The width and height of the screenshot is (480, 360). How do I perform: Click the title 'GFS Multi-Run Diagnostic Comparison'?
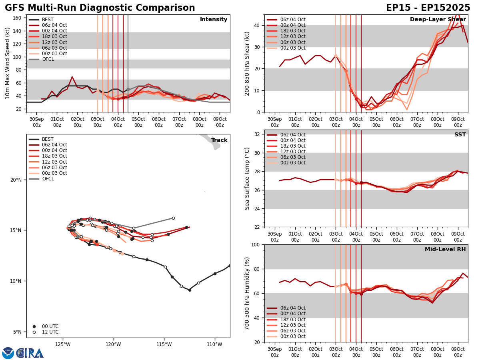click(x=100, y=8)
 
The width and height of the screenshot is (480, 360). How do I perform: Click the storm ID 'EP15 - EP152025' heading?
click(x=428, y=8)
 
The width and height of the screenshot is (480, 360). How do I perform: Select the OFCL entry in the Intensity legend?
click(x=48, y=59)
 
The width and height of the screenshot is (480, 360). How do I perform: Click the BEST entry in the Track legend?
click(x=47, y=139)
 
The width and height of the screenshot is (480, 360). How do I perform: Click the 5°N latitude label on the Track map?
click(x=17, y=332)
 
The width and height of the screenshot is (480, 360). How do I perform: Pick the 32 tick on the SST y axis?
click(x=257, y=134)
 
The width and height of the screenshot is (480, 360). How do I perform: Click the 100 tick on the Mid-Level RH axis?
click(x=256, y=244)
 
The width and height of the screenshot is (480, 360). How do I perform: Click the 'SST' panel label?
click(x=460, y=135)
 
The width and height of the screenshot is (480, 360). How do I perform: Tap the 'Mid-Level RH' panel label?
click(x=445, y=250)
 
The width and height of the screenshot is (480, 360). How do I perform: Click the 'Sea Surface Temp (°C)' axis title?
click(x=247, y=178)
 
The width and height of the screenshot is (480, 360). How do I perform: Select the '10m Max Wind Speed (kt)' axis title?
click(x=7, y=63)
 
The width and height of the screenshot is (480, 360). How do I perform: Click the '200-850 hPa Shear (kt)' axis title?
click(x=247, y=63)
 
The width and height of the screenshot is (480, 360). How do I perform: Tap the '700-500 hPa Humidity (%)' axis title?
click(x=247, y=293)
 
